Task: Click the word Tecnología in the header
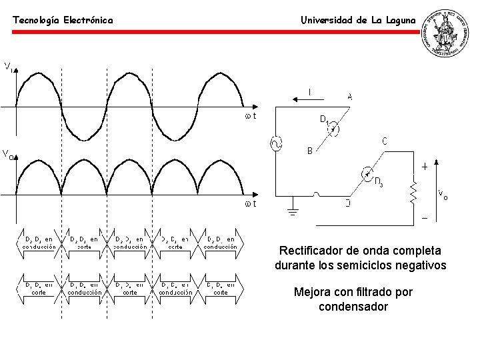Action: (36, 21)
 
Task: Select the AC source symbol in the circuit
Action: (274, 143)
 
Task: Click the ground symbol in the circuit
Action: (291, 213)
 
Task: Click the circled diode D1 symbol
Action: (336, 129)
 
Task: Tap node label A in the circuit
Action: (350, 96)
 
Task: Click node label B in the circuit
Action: (309, 151)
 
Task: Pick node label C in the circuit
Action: (385, 141)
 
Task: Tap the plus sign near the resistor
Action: (425, 167)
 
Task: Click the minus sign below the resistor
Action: (425, 218)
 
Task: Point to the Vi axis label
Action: (9, 66)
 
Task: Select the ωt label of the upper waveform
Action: (251, 116)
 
